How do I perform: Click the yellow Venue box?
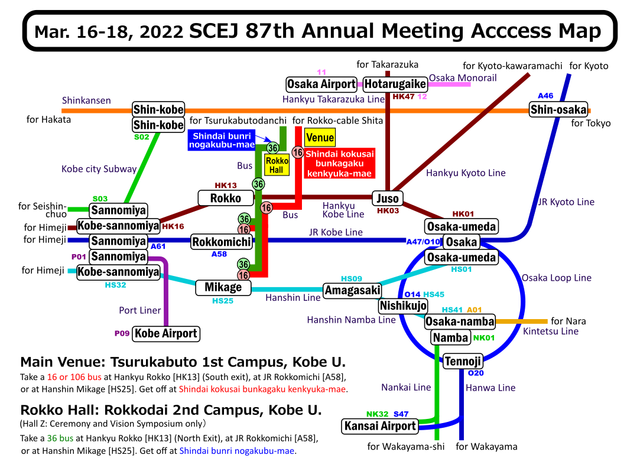click(320, 138)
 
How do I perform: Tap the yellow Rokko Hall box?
click(277, 165)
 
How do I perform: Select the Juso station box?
click(388, 198)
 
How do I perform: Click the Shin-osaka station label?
click(558, 109)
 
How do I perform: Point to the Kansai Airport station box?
click(381, 425)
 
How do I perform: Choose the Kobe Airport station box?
click(165, 333)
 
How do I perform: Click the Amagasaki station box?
click(352, 290)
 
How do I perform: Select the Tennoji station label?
click(463, 361)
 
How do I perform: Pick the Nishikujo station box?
click(402, 305)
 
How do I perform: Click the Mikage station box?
click(223, 287)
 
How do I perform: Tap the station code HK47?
click(404, 96)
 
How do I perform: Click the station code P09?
click(122, 333)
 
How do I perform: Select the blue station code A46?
click(545, 96)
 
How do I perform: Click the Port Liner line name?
click(139, 310)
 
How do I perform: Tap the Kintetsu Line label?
click(550, 331)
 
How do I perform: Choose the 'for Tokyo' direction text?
click(591, 123)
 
